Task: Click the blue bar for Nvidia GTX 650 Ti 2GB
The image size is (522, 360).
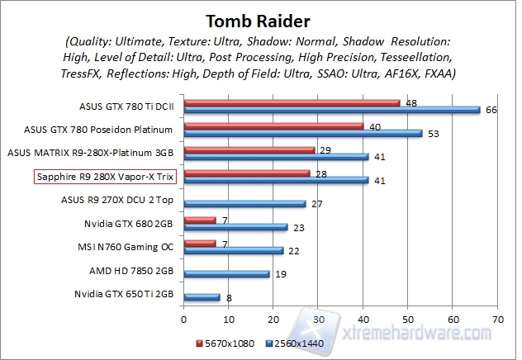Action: pyautogui.click(x=202, y=297)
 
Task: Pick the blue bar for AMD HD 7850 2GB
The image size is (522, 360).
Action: pyautogui.click(x=227, y=273)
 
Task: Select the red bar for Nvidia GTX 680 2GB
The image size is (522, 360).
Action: pyautogui.click(x=200, y=220)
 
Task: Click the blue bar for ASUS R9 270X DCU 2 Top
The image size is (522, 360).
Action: pyautogui.click(x=245, y=203)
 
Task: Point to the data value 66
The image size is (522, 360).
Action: pyautogui.click(x=490, y=110)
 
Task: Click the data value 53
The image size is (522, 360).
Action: pyautogui.click(x=432, y=133)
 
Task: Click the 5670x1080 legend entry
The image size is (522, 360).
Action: pyautogui.click(x=222, y=343)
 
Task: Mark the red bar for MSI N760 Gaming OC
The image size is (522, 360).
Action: pyautogui.click(x=200, y=244)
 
